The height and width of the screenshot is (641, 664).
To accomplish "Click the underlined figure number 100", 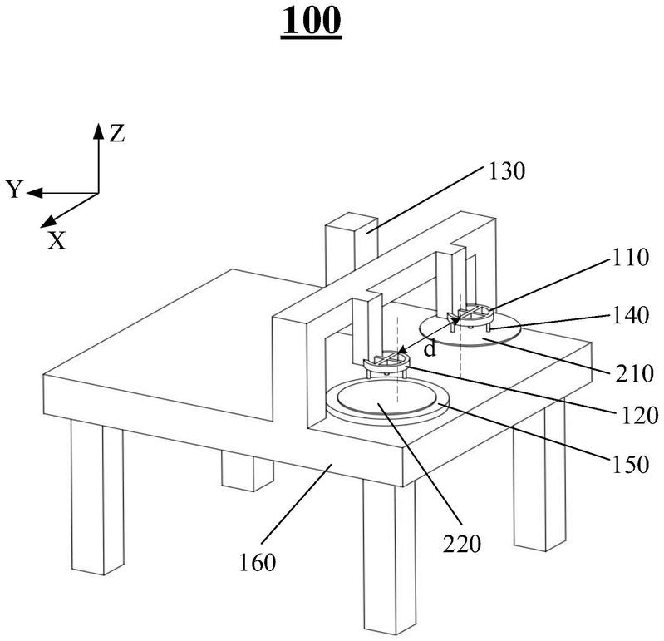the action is (x=311, y=21).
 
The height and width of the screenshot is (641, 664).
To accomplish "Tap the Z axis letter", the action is (x=117, y=134).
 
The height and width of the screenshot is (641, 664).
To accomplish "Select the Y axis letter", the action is (x=14, y=189).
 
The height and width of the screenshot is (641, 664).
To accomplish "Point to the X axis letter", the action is (x=57, y=240).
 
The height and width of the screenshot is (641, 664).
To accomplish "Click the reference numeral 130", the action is (x=506, y=171).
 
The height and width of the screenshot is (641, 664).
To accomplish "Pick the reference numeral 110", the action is (x=630, y=257).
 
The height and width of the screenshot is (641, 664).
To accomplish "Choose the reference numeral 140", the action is (x=630, y=316).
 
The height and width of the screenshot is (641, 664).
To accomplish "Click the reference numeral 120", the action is (x=639, y=416).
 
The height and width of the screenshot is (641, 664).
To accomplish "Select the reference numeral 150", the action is (x=630, y=465).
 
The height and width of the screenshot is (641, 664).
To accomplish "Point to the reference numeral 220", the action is (x=462, y=544).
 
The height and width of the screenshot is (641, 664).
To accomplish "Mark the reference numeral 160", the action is (x=258, y=563).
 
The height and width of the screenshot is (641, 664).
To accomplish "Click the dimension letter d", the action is (x=430, y=349).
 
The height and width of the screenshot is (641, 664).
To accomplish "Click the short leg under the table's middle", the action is (x=248, y=471).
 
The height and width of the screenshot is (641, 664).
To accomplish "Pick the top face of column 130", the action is (x=352, y=224).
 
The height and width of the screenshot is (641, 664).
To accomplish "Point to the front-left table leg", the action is (x=97, y=496).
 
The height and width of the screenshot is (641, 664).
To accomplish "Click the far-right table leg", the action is (x=539, y=480).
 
